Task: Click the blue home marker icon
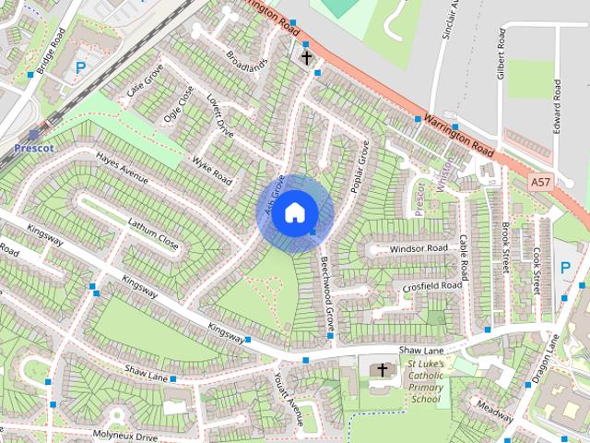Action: coord(294,212)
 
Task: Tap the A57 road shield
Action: coord(541,184)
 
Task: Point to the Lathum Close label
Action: coord(152,233)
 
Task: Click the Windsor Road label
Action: coord(418,249)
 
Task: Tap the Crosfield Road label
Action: coord(431,287)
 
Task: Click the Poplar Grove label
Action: coord(360,167)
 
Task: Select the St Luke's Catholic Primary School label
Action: coord(426,382)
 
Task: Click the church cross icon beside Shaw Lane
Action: coord(379,370)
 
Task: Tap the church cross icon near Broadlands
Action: coord(305,58)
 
